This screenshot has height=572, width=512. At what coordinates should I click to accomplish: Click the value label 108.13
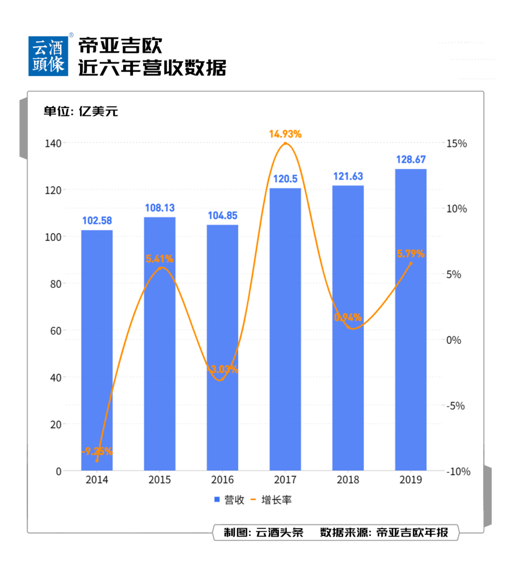pos(160,208)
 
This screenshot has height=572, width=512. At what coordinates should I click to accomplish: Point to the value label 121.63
pos(348,176)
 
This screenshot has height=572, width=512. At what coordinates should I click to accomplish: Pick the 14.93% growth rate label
pos(285,134)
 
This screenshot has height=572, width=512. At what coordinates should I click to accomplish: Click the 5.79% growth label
pos(411,254)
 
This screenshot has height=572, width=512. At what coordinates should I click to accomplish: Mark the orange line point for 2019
pos(411,263)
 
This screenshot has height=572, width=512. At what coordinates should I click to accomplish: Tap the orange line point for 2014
pos(97,461)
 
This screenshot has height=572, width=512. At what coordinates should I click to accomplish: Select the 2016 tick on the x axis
pos(222,480)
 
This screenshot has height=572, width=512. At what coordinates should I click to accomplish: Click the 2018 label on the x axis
pos(348,480)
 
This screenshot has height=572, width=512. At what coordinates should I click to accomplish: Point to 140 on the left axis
pos(53,143)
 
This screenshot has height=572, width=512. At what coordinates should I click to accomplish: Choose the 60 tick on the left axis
pos(55,331)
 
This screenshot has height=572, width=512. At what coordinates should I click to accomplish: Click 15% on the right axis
pos(456,144)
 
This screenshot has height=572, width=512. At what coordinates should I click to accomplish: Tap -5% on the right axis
pos(456,406)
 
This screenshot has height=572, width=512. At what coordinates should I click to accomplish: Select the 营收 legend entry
pos(230,500)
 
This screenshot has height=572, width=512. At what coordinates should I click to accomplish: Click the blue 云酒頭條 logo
pos(48,56)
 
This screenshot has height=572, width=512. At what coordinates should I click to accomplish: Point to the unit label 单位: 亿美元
pos(81,111)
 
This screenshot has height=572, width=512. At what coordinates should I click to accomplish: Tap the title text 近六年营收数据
pos(152,68)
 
